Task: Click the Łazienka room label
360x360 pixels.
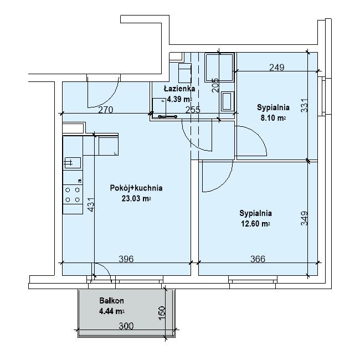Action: point(179,89)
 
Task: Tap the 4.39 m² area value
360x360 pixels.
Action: point(179,99)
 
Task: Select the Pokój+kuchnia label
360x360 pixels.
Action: point(136,188)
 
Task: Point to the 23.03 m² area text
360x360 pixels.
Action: point(136,198)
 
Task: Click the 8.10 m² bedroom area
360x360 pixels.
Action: point(273,118)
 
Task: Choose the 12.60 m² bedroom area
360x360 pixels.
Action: point(255,224)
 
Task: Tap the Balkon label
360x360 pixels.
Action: point(111,301)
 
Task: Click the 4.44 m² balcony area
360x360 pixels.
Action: point(111,311)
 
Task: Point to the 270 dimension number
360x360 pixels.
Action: point(106,110)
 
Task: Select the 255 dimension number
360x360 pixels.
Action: point(193,110)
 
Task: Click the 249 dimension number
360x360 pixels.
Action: point(277,68)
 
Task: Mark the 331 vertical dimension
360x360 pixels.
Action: point(304,105)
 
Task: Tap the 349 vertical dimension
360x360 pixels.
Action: point(304,218)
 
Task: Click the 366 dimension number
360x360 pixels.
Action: point(258,259)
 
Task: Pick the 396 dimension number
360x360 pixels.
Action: point(126,259)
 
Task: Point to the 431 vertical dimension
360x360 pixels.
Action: point(91,204)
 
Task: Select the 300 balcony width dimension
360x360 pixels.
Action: point(126,326)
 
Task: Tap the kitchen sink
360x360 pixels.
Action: point(73,163)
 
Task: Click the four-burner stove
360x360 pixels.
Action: point(73,195)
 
